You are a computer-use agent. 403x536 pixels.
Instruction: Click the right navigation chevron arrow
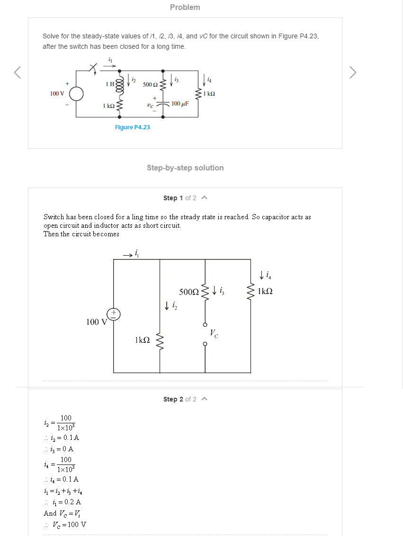[353, 72]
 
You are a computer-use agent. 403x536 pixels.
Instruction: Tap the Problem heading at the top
[185, 7]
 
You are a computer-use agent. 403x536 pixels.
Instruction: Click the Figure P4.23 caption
[132, 127]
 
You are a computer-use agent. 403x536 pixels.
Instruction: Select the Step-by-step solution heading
[185, 168]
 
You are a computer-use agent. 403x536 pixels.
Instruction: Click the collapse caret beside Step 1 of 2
[205, 197]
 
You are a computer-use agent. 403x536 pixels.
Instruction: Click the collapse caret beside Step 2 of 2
[205, 399]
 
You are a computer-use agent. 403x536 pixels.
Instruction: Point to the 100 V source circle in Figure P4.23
[76, 94]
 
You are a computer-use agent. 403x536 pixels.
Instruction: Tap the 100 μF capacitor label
[180, 103]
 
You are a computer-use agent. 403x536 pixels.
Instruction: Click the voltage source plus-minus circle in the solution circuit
[114, 314]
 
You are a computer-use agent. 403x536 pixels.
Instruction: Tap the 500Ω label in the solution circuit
[189, 292]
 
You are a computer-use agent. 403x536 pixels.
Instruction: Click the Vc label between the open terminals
[214, 333]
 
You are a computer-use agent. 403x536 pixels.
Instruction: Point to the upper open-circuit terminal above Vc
[205, 324]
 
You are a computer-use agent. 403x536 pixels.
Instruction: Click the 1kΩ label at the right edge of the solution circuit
[265, 291]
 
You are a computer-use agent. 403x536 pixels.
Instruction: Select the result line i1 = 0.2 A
[63, 502]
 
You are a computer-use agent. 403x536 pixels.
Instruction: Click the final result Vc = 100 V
[65, 524]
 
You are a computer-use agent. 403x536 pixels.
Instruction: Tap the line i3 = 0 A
[59, 449]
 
